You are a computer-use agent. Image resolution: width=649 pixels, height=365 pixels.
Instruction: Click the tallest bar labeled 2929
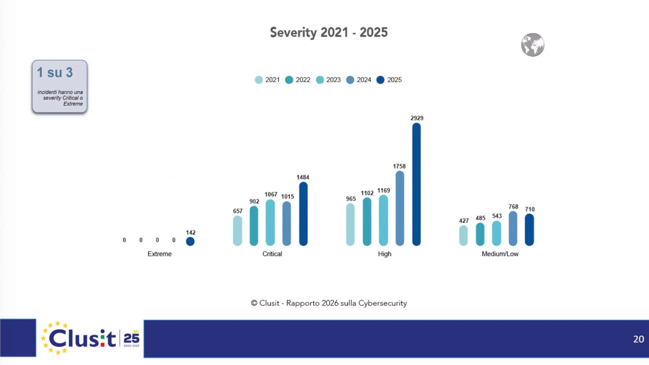pyautogui.click(x=416, y=184)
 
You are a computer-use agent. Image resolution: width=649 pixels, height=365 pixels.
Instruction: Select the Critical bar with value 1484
pyautogui.click(x=303, y=214)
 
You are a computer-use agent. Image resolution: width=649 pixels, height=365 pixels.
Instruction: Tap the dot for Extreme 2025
pyautogui.click(x=190, y=241)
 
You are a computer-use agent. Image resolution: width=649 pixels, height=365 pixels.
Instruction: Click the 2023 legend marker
pyautogui.click(x=319, y=80)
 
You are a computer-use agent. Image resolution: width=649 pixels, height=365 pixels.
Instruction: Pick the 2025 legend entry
pyautogui.click(x=389, y=80)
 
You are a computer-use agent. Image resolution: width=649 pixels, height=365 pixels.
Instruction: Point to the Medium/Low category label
pyautogui.click(x=500, y=254)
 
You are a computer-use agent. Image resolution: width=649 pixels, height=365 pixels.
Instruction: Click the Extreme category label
pyautogui.click(x=160, y=254)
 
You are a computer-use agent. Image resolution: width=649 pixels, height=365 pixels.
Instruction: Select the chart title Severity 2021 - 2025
pyautogui.click(x=329, y=32)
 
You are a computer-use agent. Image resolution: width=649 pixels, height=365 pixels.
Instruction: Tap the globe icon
pyautogui.click(x=532, y=45)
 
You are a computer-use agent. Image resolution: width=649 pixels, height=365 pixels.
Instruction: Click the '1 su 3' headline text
pyautogui.click(x=55, y=72)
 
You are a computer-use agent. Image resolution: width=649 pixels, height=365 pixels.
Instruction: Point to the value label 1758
pyautogui.click(x=399, y=166)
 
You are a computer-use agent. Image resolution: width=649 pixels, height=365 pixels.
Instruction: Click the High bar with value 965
pyautogui.click(x=351, y=224)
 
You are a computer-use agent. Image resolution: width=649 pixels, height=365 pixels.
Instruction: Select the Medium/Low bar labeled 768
pyautogui.click(x=513, y=228)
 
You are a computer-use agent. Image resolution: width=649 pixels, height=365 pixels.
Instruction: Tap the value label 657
pyautogui.click(x=238, y=211)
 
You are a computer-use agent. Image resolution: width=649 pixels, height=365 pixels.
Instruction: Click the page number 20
pyautogui.click(x=638, y=339)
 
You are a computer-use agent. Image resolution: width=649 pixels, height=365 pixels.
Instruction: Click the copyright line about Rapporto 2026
pyautogui.click(x=329, y=303)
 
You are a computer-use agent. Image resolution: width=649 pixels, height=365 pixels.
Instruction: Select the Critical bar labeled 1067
pyautogui.click(x=270, y=222)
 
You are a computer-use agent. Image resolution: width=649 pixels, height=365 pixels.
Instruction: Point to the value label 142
pyautogui.click(x=191, y=233)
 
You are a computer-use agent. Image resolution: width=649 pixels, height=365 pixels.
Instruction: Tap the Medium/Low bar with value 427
pyautogui.click(x=463, y=235)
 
